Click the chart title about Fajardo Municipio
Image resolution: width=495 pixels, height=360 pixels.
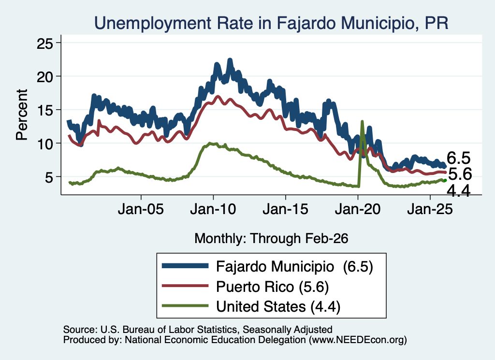(x=271, y=23)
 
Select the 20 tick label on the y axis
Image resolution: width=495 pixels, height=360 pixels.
(x=44, y=77)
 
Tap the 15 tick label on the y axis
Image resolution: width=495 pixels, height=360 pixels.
(x=44, y=110)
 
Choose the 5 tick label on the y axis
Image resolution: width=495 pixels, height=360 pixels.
(x=48, y=177)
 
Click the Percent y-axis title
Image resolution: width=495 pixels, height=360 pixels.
(x=22, y=115)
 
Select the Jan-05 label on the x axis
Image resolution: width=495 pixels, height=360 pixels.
(x=141, y=209)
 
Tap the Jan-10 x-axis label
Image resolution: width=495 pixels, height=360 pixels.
(x=213, y=209)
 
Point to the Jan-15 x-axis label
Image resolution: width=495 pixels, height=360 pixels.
(x=285, y=209)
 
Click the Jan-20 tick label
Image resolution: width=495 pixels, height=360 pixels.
(x=358, y=209)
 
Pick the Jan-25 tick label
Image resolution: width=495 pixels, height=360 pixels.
(x=430, y=209)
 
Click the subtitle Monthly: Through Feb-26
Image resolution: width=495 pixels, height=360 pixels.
(x=271, y=239)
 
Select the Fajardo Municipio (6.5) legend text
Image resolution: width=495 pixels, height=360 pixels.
(x=294, y=267)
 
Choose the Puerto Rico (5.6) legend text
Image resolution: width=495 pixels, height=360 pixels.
(x=273, y=287)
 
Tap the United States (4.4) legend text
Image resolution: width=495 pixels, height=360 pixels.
(x=278, y=306)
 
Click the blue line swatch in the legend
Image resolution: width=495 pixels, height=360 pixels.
(x=185, y=266)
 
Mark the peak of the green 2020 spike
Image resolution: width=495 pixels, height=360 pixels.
(x=362, y=121)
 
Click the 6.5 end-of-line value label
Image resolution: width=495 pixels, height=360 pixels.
(x=458, y=158)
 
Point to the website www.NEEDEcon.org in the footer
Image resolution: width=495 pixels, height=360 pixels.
(x=357, y=340)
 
